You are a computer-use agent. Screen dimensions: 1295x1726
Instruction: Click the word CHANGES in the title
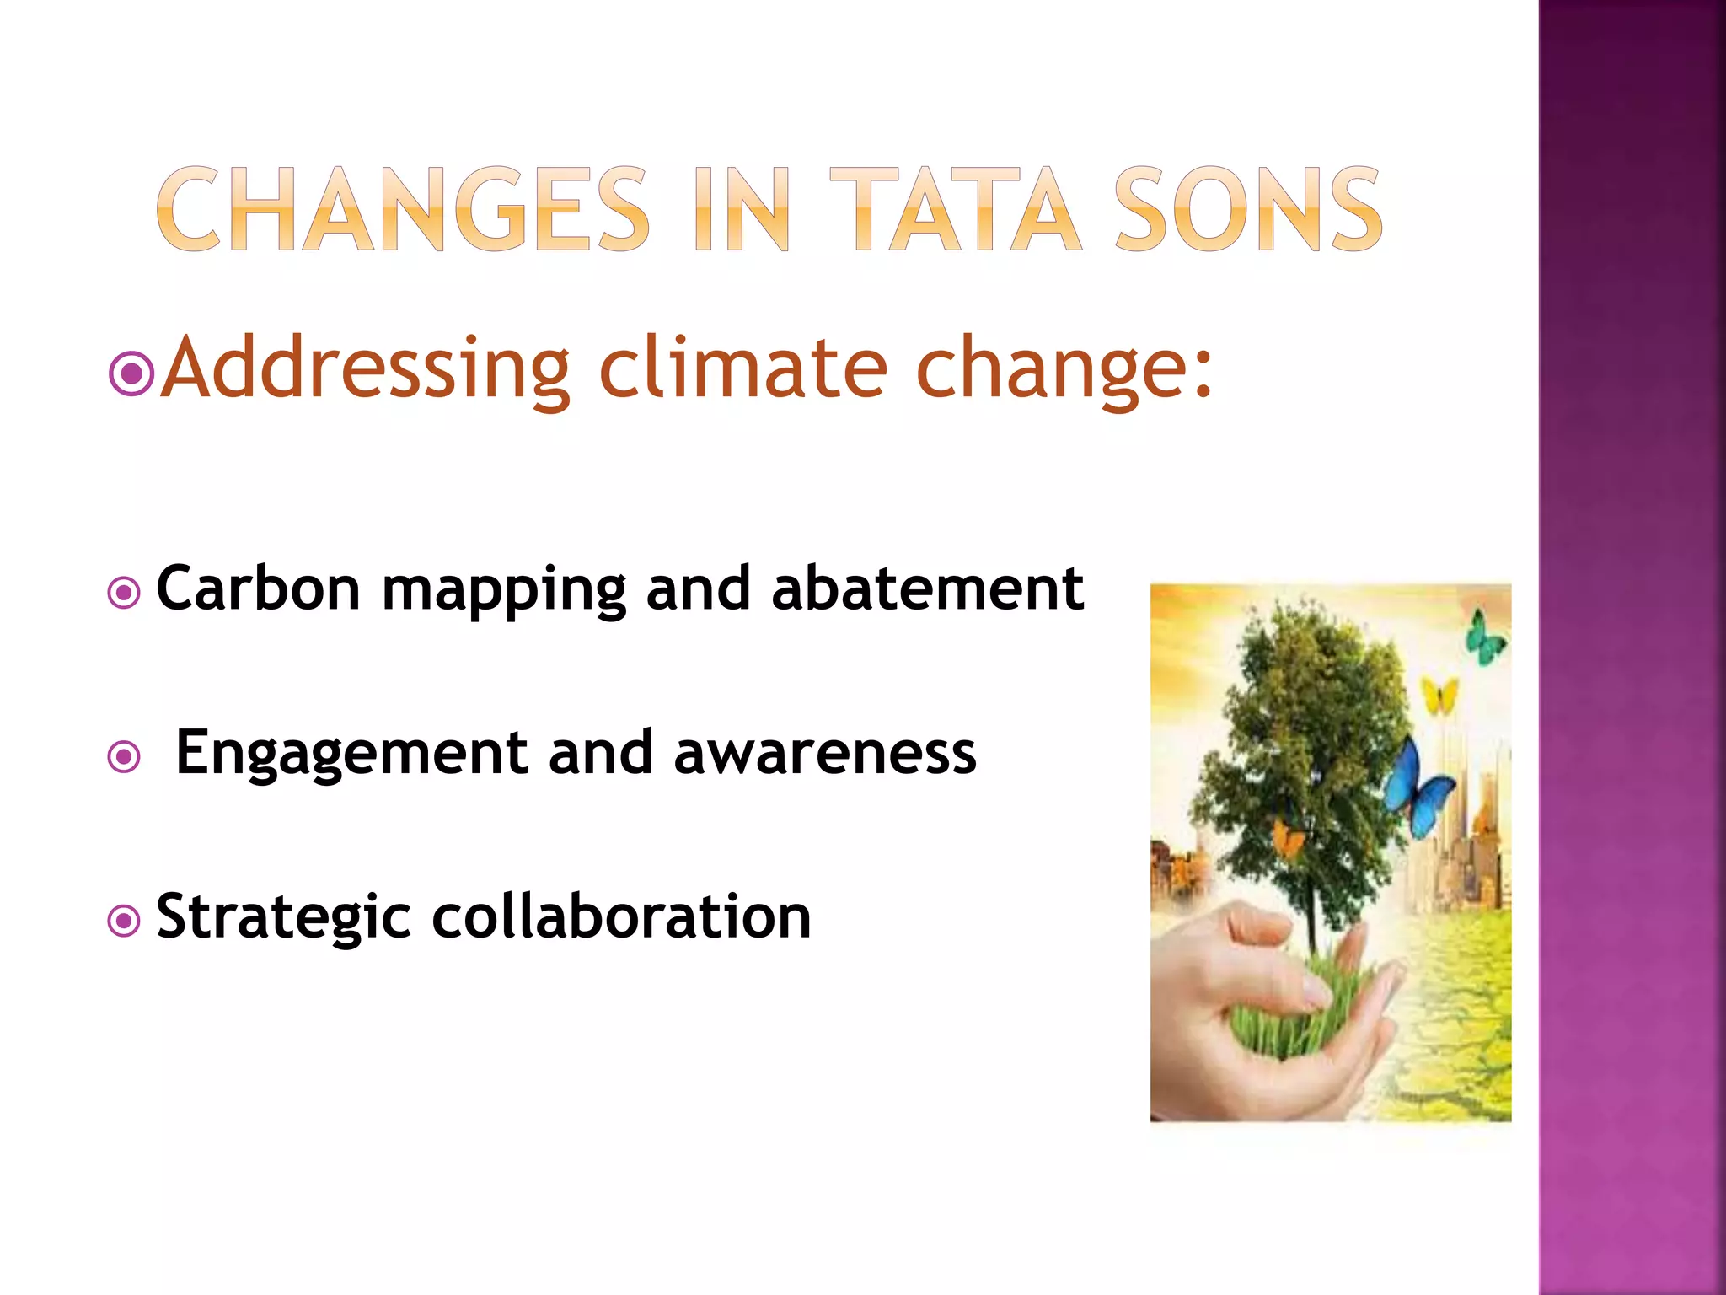tap(403, 211)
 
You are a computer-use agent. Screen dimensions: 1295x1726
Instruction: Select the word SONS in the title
tap(1247, 211)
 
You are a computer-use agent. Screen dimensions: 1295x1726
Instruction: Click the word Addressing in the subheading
tap(365, 368)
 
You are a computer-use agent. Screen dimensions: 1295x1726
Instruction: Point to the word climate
tap(742, 368)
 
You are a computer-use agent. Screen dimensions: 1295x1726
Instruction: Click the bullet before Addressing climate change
tap(131, 373)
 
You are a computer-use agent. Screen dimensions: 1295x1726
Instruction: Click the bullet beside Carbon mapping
tap(125, 593)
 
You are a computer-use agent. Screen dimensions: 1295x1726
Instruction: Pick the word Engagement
tap(351, 752)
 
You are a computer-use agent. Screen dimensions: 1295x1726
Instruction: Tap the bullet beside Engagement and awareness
tap(125, 756)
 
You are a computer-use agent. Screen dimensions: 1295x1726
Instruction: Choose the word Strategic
tap(284, 916)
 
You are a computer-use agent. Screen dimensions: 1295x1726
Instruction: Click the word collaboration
tap(621, 916)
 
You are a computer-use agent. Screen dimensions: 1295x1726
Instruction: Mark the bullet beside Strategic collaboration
tap(125, 921)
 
